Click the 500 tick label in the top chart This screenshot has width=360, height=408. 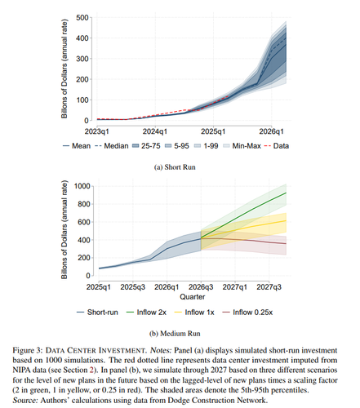tap(82, 18)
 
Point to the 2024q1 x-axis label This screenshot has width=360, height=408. tap(155, 131)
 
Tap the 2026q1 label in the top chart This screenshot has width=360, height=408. tap(271, 131)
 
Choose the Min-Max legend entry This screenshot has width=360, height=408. tap(242, 146)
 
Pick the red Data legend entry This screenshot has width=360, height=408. tap(277, 146)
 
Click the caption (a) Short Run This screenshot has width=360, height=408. tap(175, 167)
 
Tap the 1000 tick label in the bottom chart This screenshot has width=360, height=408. tap(82, 186)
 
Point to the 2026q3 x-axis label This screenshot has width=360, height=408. tap(201, 287)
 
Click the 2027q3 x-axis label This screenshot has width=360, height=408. tap(269, 287)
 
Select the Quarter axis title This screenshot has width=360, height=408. tap(193, 297)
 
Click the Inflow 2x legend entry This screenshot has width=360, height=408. tap(146, 313)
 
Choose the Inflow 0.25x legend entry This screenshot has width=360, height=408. tap(247, 313)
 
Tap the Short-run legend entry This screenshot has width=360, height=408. tap(97, 313)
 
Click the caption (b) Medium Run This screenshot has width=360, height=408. tap(175, 334)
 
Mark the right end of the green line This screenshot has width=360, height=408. tap(286, 193)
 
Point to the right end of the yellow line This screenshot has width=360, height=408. tap(286, 220)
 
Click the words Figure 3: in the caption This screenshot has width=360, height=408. tap(28, 350)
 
